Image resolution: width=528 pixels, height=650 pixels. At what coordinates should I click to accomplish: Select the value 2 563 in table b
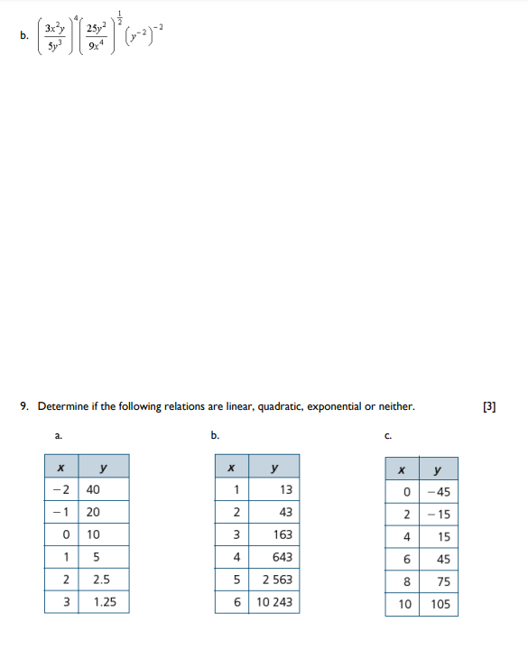(276, 580)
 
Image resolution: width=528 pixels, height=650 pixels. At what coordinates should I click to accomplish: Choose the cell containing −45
(439, 492)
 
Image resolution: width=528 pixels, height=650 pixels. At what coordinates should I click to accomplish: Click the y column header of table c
(438, 469)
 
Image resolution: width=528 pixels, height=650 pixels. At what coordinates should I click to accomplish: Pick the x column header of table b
(232, 467)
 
